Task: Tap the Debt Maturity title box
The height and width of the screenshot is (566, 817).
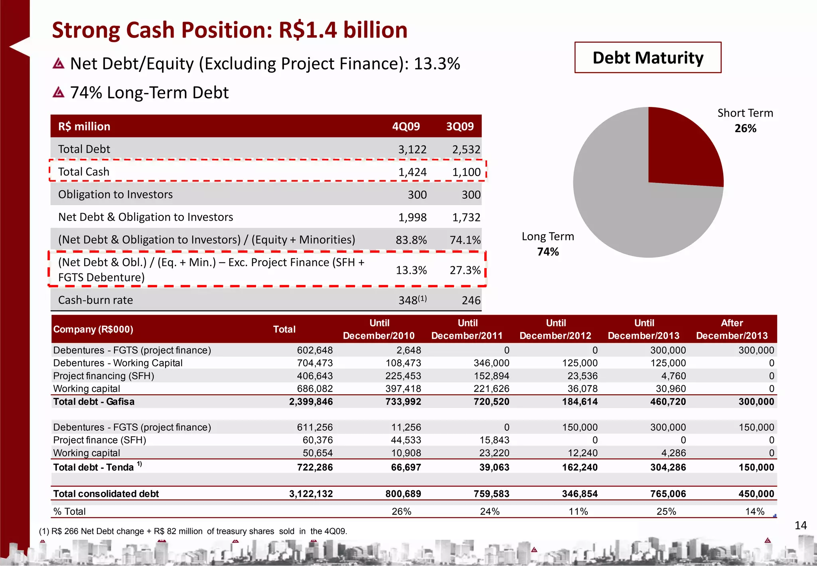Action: pyautogui.click(x=648, y=57)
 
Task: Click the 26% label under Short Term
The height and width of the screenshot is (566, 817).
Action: pyautogui.click(x=745, y=128)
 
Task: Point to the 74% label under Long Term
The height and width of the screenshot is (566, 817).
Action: pyautogui.click(x=548, y=251)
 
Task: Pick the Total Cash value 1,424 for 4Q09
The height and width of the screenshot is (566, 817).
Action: pyautogui.click(x=412, y=172)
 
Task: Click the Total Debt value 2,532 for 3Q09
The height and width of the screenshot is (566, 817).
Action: pyautogui.click(x=466, y=149)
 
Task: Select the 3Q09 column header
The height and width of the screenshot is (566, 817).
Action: pyautogui.click(x=460, y=127)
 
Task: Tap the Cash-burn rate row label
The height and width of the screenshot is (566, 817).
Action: pyautogui.click(x=95, y=300)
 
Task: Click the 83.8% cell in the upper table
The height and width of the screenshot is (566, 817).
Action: pyautogui.click(x=411, y=240)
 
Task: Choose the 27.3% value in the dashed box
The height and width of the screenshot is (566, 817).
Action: pyautogui.click(x=465, y=270)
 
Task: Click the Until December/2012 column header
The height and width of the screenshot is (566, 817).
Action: pyautogui.click(x=555, y=329)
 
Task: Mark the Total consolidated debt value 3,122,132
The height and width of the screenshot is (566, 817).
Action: pyautogui.click(x=311, y=494)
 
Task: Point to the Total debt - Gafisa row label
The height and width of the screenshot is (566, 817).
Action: pyautogui.click(x=94, y=402)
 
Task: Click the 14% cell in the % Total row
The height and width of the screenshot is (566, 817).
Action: pyautogui.click(x=755, y=511)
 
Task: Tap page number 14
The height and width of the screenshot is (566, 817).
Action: pyautogui.click(x=800, y=525)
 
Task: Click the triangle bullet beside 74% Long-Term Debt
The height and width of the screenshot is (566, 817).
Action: pyautogui.click(x=59, y=93)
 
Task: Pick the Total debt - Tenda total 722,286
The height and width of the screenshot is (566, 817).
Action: pyautogui.click(x=315, y=467)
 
